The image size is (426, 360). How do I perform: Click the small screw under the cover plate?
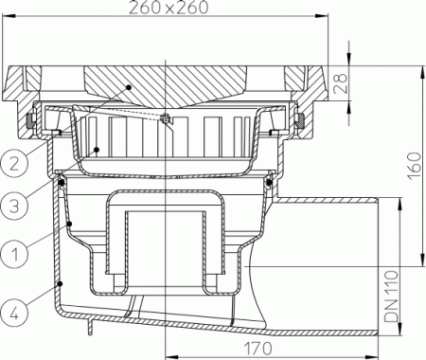pyautogui.click(x=166, y=119)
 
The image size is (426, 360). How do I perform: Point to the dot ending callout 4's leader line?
pyautogui.click(x=62, y=283)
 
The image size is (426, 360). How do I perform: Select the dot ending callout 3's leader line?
pyautogui.click(x=99, y=149)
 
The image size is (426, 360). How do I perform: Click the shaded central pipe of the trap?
pyautogui.click(x=167, y=246)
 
